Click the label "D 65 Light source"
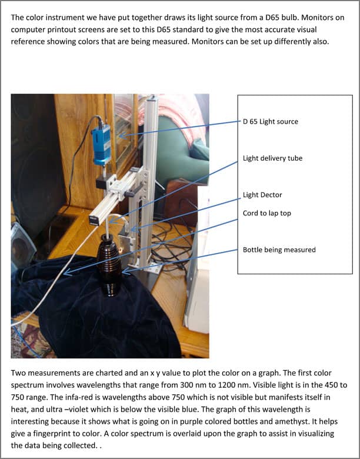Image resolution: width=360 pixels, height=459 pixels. pyautogui.click(x=271, y=121)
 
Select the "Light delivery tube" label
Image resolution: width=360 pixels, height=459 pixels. pyautogui.click(x=272, y=158)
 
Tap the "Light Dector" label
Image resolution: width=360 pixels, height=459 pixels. pyautogui.click(x=262, y=195)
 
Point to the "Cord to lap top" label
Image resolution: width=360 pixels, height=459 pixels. pyautogui.click(x=267, y=213)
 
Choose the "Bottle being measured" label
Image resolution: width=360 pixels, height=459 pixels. pyautogui.click(x=279, y=250)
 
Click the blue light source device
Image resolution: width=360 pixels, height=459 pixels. pyautogui.click(x=102, y=144)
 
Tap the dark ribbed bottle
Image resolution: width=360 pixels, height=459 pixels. pyautogui.click(x=109, y=265)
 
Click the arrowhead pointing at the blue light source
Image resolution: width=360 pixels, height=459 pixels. pyautogui.click(x=122, y=135)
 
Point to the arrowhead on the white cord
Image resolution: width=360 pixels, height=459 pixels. pyautogui.click(x=67, y=272)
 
